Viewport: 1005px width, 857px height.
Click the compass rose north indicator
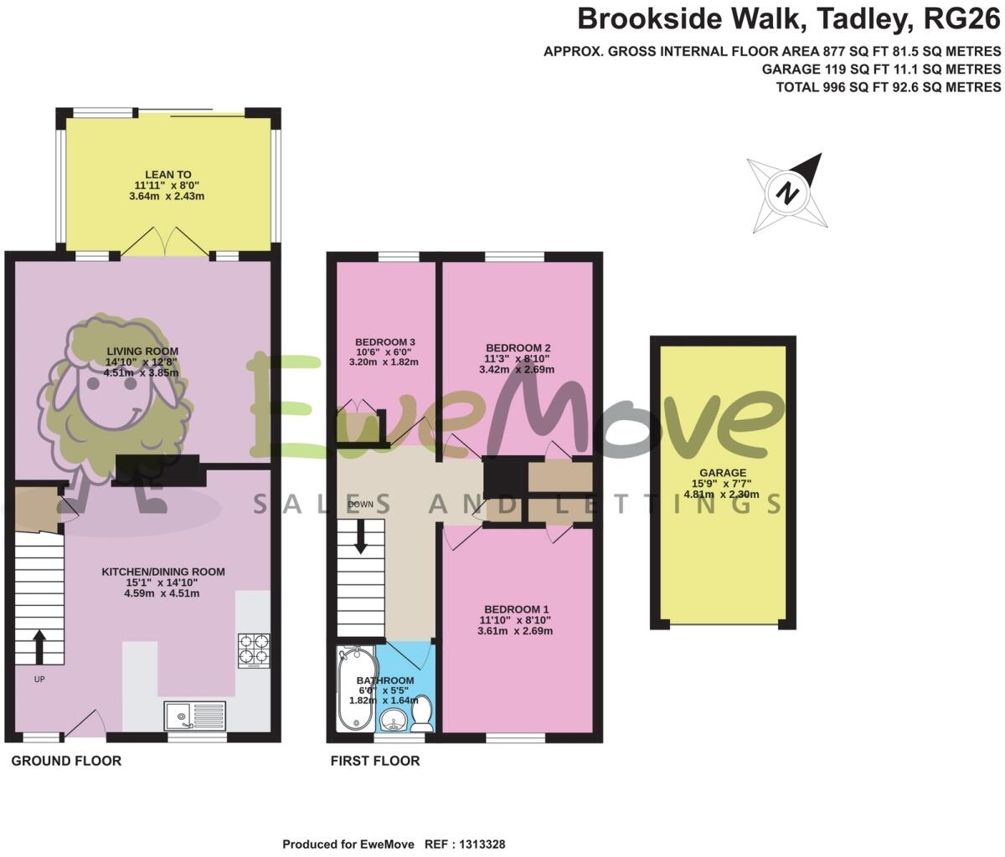(787, 192)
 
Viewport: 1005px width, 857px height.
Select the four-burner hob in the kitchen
(254, 649)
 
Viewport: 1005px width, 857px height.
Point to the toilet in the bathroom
(422, 716)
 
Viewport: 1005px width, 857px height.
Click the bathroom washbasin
(393, 718)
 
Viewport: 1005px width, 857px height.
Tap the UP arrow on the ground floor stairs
(39, 646)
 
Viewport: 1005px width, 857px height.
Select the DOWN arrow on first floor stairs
(361, 536)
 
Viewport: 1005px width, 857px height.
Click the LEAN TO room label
(168, 174)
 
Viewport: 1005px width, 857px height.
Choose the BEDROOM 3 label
(385, 341)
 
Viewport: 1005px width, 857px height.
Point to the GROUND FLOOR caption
(66, 761)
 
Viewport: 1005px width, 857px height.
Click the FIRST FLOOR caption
(375, 761)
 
